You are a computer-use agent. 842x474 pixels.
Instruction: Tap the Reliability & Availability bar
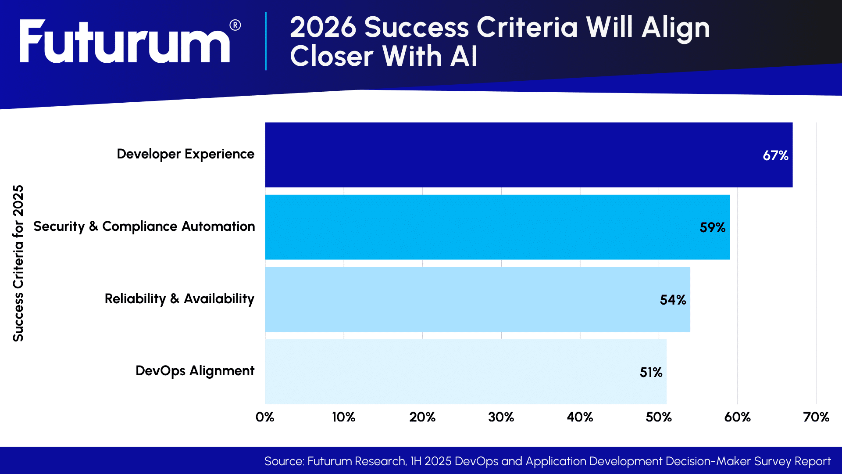(x=478, y=299)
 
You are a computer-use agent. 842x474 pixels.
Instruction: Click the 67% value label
(x=775, y=155)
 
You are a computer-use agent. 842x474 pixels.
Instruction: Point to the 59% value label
(x=712, y=227)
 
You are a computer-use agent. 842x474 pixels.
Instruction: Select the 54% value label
(x=673, y=300)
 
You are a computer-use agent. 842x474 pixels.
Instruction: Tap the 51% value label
(x=651, y=372)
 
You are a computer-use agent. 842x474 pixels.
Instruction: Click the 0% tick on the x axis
(x=265, y=417)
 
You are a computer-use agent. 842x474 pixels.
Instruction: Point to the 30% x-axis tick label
(x=501, y=417)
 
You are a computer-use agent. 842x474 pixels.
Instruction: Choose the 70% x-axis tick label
(x=816, y=417)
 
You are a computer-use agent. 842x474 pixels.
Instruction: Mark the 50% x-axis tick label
(x=658, y=417)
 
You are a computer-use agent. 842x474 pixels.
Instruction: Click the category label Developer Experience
(x=186, y=154)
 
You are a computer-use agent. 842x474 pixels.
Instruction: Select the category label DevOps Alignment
(x=195, y=371)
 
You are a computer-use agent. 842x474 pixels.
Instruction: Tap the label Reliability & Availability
(x=179, y=299)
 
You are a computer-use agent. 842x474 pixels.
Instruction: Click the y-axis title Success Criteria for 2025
(x=18, y=263)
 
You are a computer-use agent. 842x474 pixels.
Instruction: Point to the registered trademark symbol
(x=235, y=25)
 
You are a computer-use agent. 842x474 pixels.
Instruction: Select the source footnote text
(x=547, y=461)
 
